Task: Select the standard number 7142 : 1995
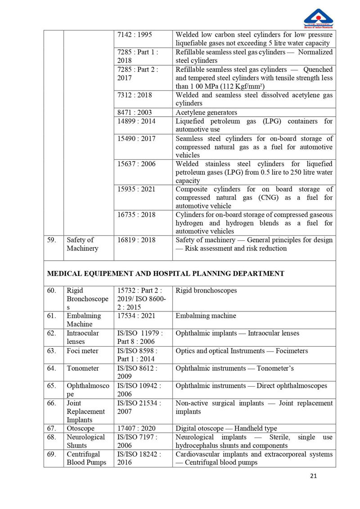(x=134, y=35)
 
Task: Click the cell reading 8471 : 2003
(x=134, y=113)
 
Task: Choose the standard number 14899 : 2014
(x=136, y=121)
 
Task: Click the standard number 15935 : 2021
(x=136, y=189)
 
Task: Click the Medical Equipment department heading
(x=166, y=273)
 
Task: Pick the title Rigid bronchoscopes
(x=206, y=291)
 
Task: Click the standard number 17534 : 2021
(x=136, y=316)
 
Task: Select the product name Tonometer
(x=83, y=368)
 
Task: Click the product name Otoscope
(x=81, y=428)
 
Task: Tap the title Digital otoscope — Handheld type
(x=226, y=428)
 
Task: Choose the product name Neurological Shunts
(x=85, y=441)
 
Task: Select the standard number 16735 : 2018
(x=136, y=215)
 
